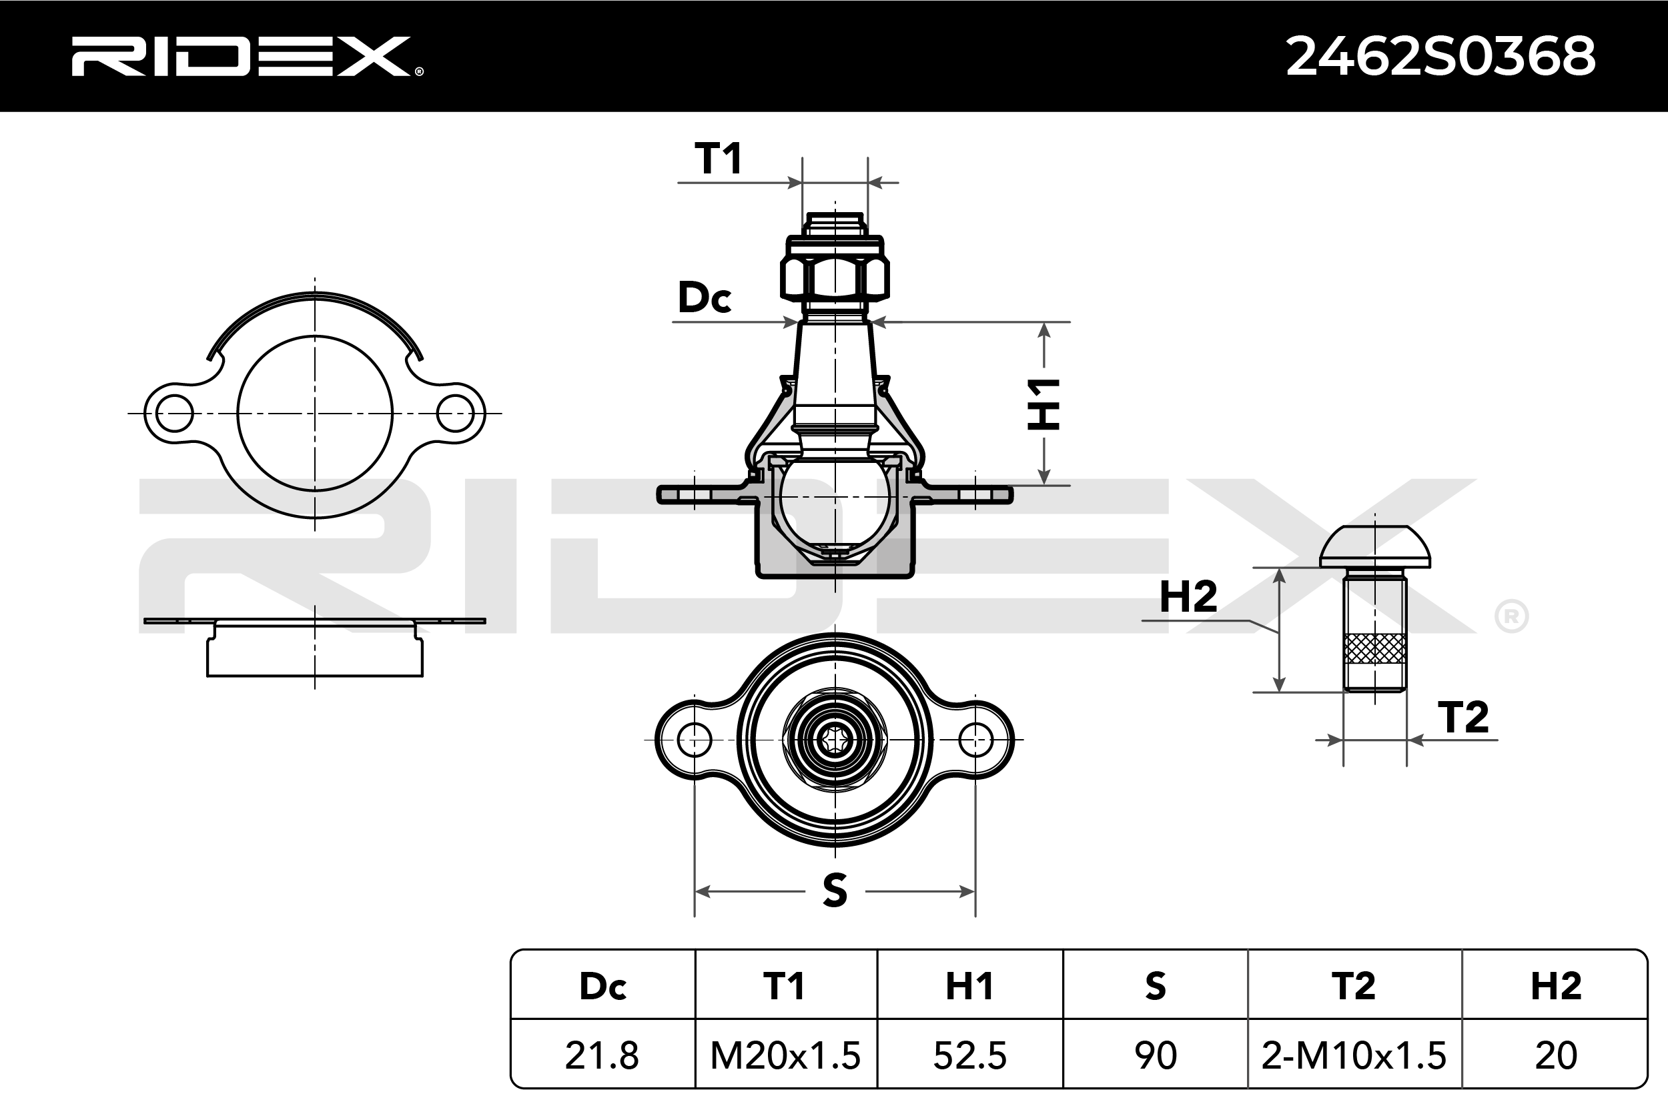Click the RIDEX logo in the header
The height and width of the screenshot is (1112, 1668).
[247, 56]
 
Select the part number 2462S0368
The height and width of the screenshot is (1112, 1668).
[1440, 57]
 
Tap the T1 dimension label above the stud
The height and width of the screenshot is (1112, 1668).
[718, 158]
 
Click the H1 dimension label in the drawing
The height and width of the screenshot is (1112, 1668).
[1044, 404]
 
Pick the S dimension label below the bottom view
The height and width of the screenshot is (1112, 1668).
[835, 891]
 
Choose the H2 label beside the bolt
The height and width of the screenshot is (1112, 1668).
[1188, 596]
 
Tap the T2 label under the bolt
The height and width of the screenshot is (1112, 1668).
[1463, 718]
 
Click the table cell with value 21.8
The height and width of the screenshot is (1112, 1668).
[601, 1055]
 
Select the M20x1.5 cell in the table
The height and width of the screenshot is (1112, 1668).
[785, 1055]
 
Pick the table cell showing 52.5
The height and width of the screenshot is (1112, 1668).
[969, 1055]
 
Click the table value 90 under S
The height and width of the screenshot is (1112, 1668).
[1156, 1055]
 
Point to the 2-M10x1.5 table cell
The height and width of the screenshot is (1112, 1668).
[1354, 1055]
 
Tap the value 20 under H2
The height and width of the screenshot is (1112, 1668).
[1556, 1055]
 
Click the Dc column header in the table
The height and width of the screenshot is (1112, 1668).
[602, 986]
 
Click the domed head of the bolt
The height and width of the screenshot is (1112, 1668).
[1374, 547]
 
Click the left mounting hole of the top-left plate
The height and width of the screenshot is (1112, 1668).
[173, 414]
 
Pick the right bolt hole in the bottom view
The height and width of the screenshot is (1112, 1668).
[976, 740]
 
